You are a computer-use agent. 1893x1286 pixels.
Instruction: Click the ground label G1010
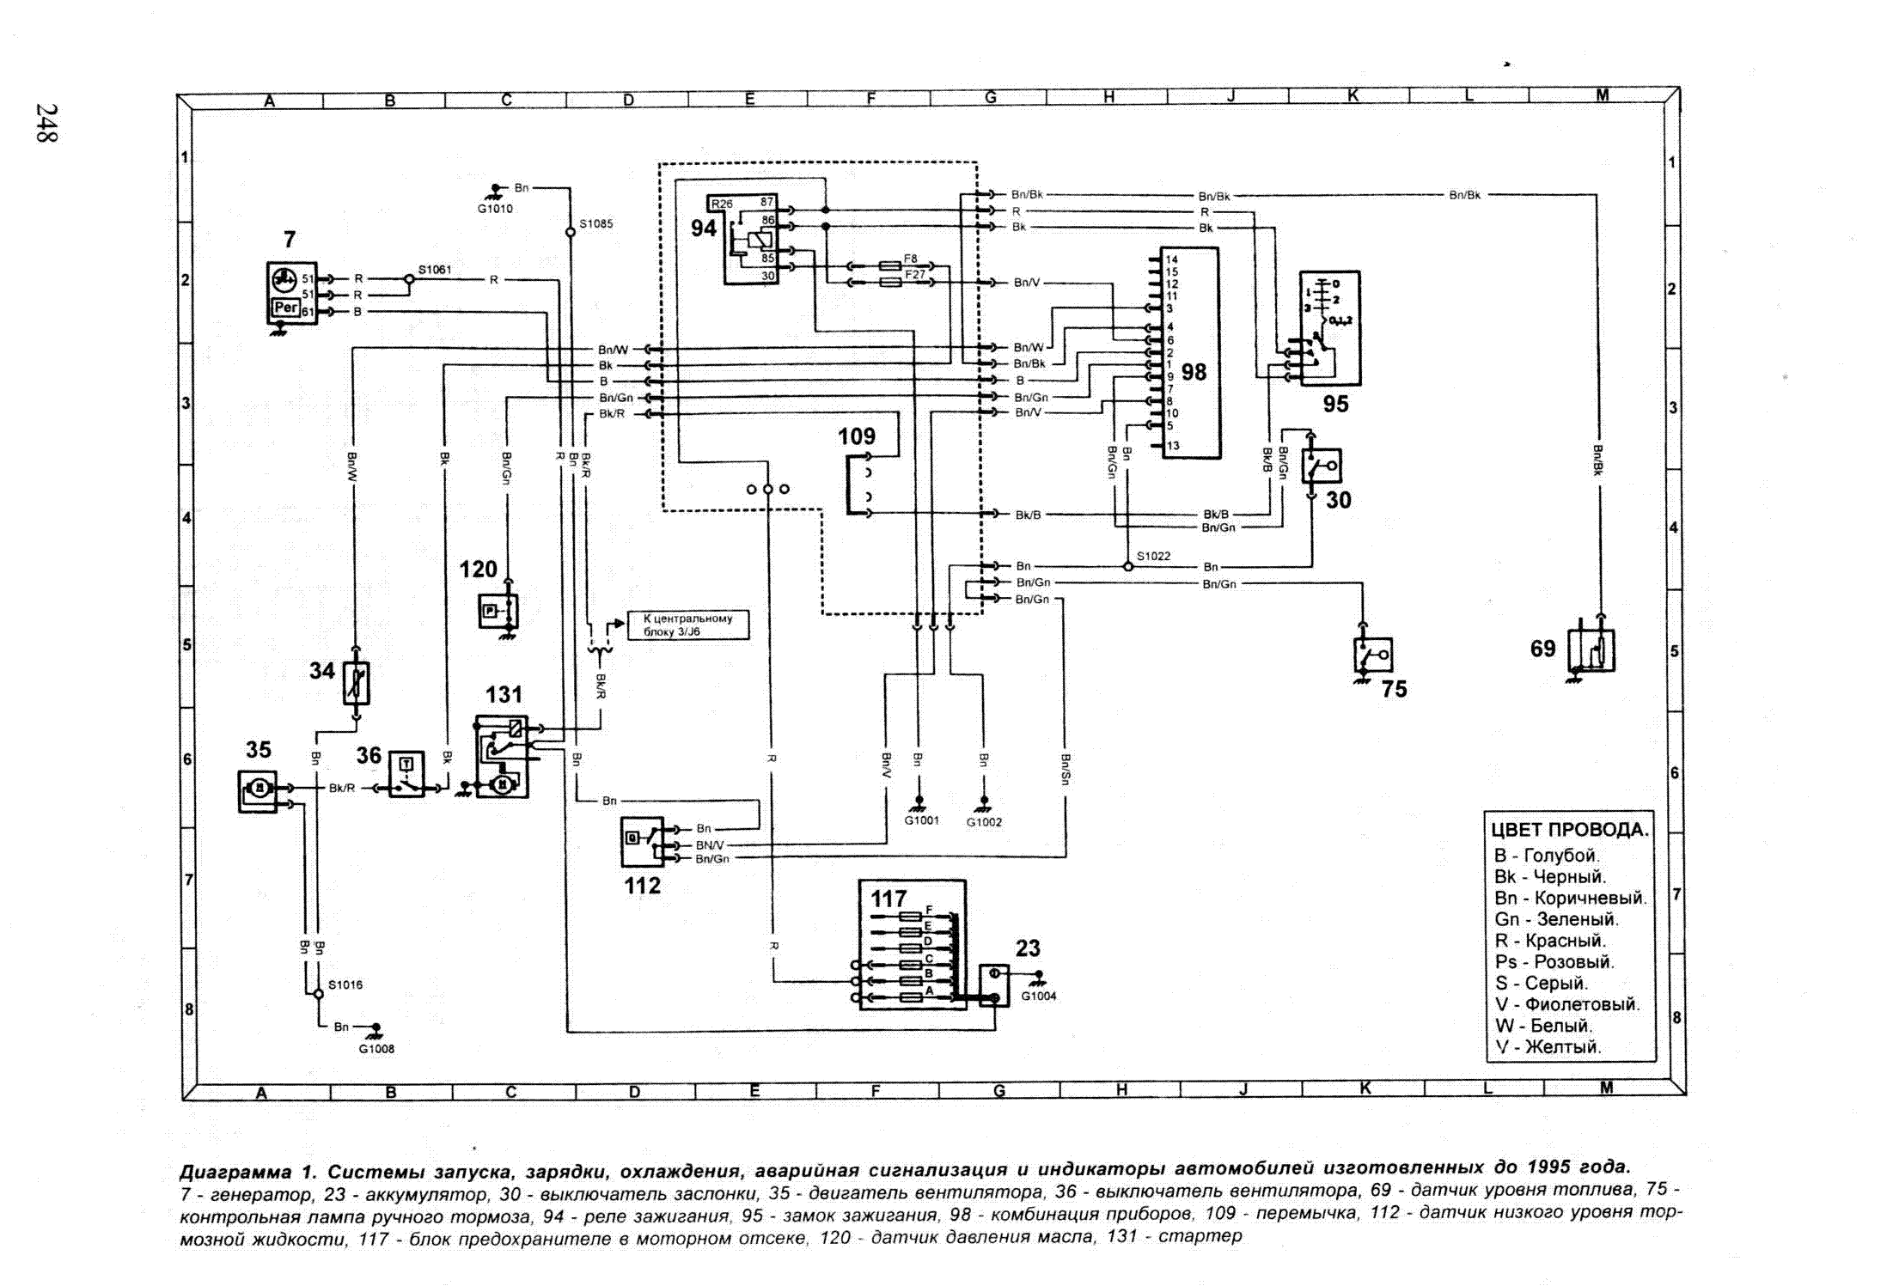pyautogui.click(x=495, y=209)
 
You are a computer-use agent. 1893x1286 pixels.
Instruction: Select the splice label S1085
pyautogui.click(x=595, y=224)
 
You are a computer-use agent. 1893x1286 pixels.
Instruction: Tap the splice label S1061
pyautogui.click(x=435, y=270)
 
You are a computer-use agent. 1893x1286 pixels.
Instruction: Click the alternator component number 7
pyautogui.click(x=290, y=240)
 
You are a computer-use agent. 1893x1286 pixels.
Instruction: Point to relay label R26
pyautogui.click(x=722, y=204)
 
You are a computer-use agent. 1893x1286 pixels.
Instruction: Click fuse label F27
pyautogui.click(x=914, y=275)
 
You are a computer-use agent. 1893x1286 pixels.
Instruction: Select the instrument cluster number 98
pyautogui.click(x=1194, y=372)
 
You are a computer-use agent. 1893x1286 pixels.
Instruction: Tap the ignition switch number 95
pyautogui.click(x=1334, y=404)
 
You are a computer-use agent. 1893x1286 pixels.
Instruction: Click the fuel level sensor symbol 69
pyautogui.click(x=1591, y=650)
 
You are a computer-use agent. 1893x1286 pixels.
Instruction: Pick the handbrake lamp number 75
pyautogui.click(x=1394, y=689)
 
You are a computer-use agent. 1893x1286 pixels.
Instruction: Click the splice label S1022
pyautogui.click(x=1153, y=556)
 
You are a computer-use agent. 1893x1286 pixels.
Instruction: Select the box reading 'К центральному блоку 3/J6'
pyautogui.click(x=687, y=625)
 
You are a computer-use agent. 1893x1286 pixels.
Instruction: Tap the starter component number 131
pyautogui.click(x=504, y=694)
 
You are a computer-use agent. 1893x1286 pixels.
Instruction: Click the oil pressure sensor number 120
pyautogui.click(x=478, y=570)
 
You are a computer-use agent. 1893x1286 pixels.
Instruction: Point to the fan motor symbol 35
pyautogui.click(x=258, y=791)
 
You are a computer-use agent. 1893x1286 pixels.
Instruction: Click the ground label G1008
pyautogui.click(x=376, y=1049)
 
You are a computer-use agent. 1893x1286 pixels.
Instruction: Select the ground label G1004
pyautogui.click(x=1039, y=996)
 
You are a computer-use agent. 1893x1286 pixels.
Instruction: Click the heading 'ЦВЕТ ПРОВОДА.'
pyautogui.click(x=1569, y=830)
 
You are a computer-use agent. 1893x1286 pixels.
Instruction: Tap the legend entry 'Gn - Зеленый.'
pyautogui.click(x=1556, y=919)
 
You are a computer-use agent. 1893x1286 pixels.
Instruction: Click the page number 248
pyautogui.click(x=46, y=123)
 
